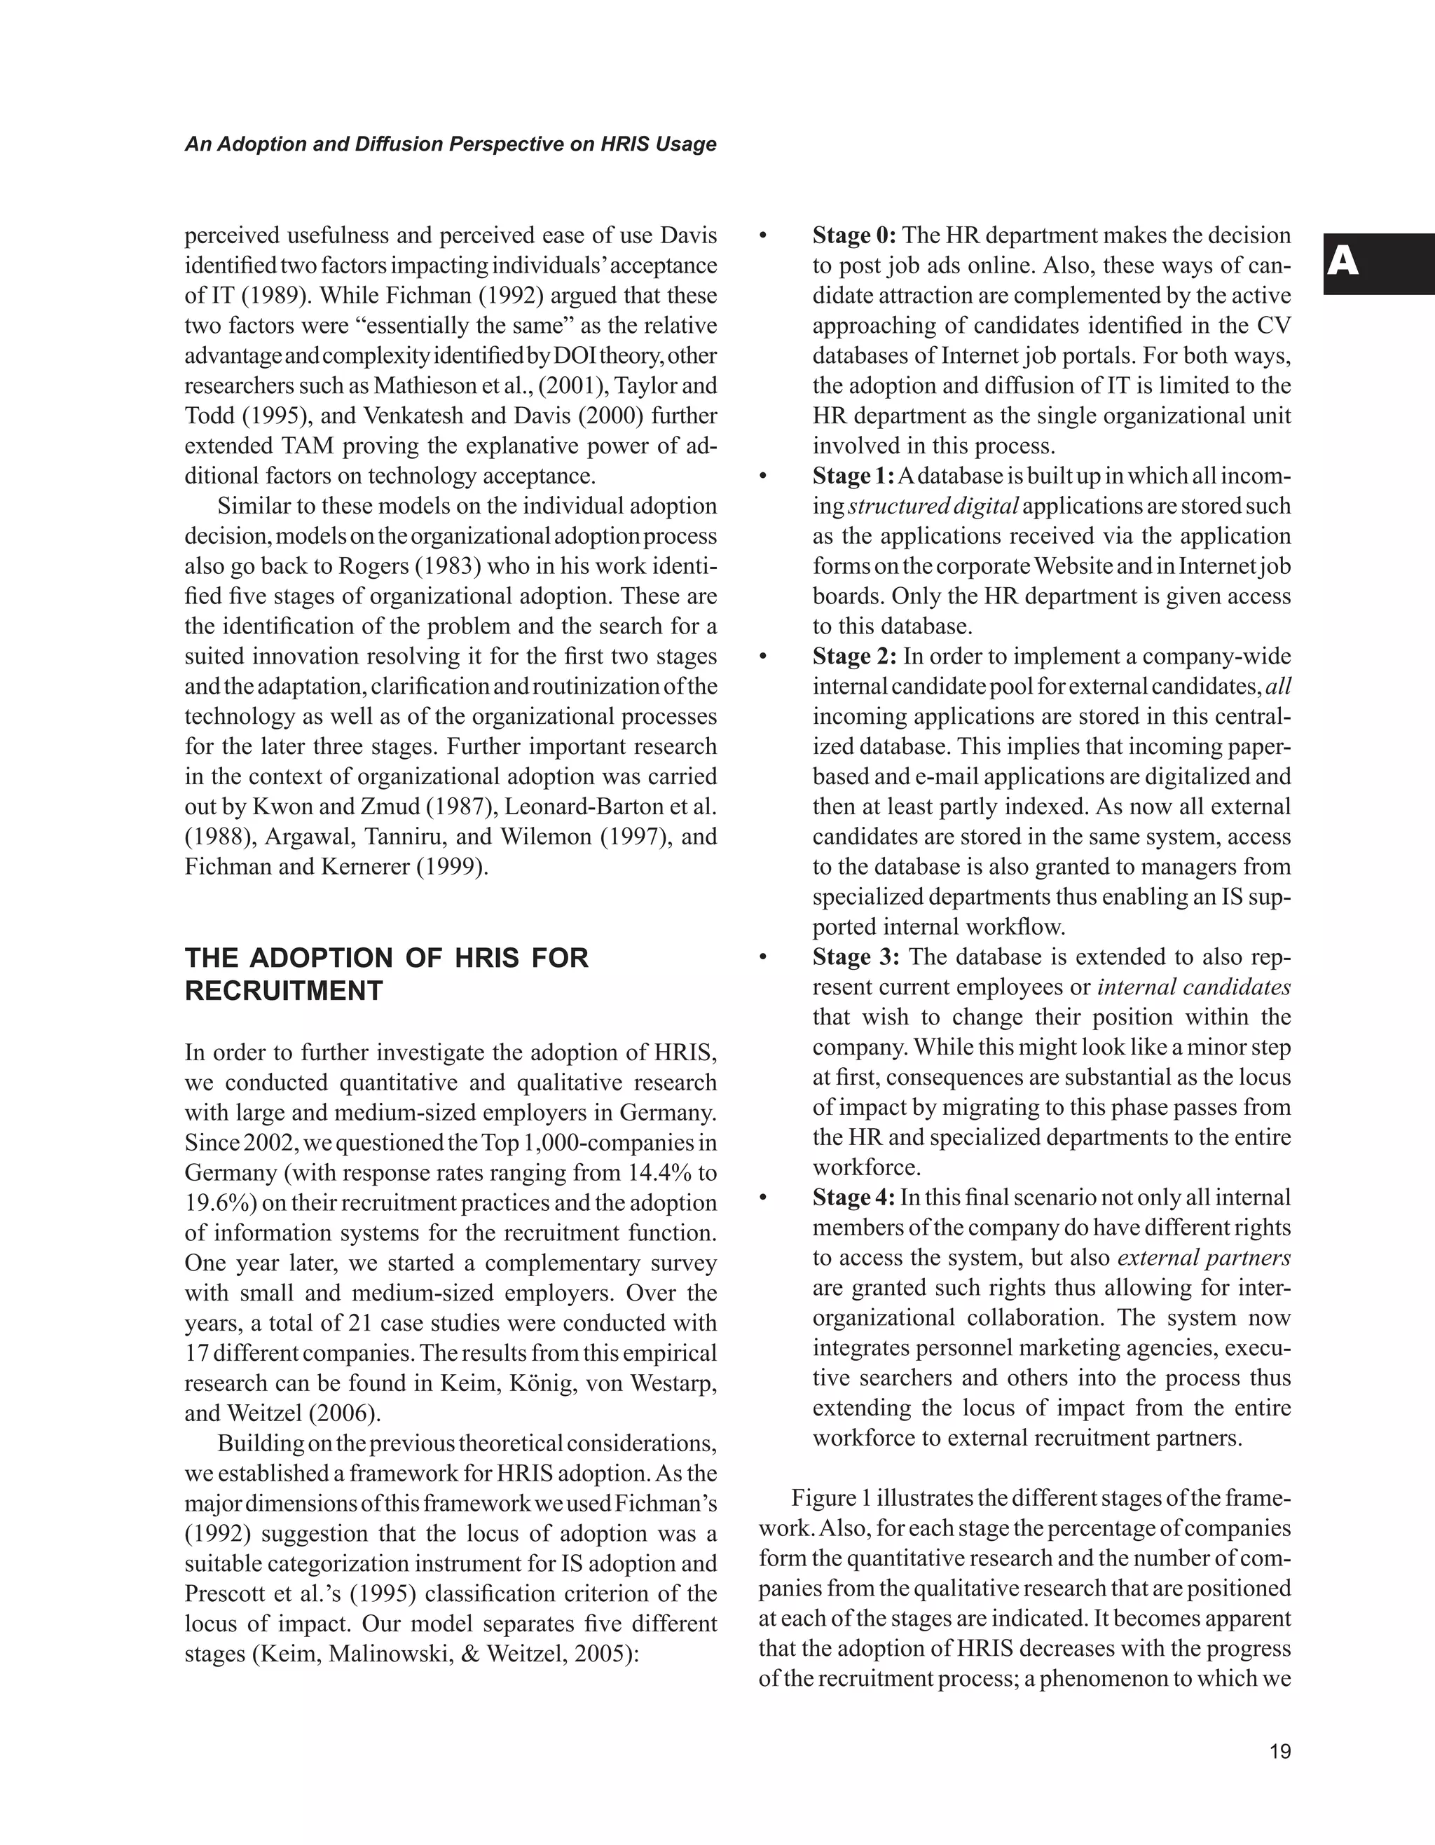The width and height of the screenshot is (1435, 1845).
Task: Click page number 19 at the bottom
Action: [1279, 1751]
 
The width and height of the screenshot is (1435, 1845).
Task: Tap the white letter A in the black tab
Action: [1343, 263]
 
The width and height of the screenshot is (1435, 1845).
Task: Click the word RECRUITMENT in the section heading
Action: [284, 991]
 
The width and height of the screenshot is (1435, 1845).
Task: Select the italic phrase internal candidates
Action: [1193, 987]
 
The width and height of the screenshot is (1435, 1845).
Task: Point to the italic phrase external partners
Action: [1204, 1258]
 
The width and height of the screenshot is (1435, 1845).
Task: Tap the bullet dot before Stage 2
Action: [764, 657]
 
